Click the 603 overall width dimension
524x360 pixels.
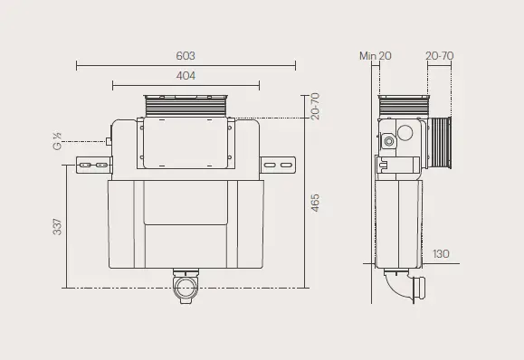pos(185,56)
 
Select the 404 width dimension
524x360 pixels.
pos(185,77)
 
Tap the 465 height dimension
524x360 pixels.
pos(315,203)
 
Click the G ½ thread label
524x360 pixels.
pos(57,142)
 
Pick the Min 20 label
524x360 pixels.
pos(375,56)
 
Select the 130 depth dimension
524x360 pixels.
pos(442,254)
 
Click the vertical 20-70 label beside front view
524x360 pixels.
pos(315,106)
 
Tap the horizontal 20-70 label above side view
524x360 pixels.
pos(440,56)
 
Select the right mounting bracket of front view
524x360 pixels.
pos(279,165)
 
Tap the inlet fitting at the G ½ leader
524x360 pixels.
pos(109,141)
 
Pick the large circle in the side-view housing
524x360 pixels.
pos(406,136)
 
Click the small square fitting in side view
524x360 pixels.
pos(388,141)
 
